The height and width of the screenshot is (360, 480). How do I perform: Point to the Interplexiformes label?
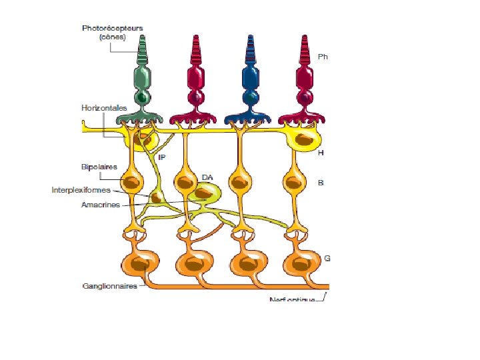click(x=81, y=190)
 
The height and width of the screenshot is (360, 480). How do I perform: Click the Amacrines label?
click(x=101, y=205)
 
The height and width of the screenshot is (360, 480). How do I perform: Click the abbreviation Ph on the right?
click(x=323, y=57)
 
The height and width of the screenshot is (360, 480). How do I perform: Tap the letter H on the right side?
click(x=321, y=153)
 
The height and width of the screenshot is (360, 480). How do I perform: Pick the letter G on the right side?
click(x=327, y=257)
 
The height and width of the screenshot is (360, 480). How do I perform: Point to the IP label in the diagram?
click(x=161, y=157)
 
